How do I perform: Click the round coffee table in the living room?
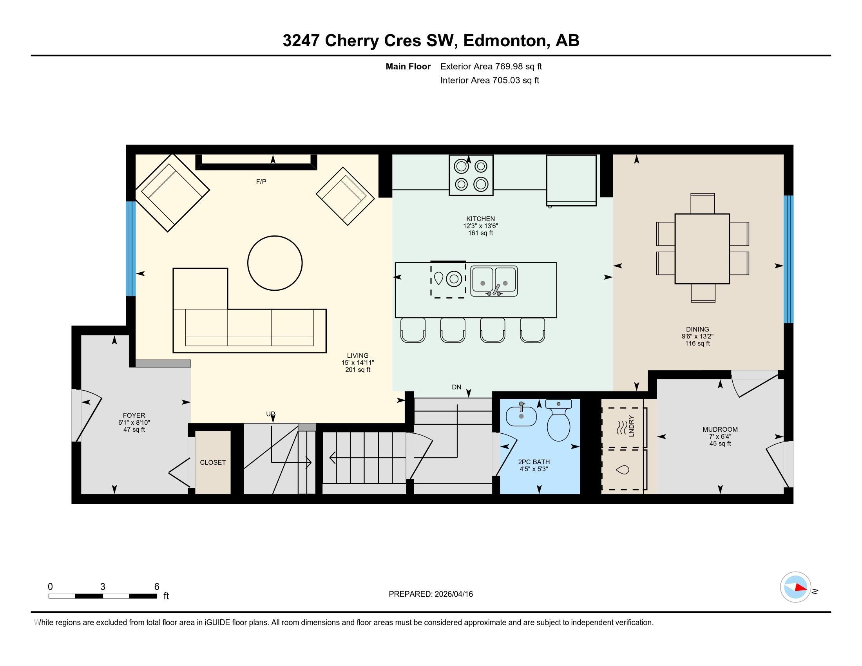point(275,263)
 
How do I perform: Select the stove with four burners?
point(471,175)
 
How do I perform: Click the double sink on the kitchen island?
point(494,281)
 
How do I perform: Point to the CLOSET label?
point(213,462)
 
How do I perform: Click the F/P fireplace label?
point(261,181)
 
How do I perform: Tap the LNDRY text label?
point(631,426)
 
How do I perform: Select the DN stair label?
point(456,387)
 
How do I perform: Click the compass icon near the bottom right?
point(795,587)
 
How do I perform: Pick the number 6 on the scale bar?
point(157,586)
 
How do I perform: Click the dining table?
point(702,248)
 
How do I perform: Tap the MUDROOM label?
point(720,429)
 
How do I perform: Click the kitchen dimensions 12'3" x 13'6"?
point(480,226)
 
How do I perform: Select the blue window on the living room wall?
point(130,248)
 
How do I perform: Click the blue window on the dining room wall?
point(788,259)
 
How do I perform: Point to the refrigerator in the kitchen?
point(571,180)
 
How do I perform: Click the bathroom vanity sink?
point(521,416)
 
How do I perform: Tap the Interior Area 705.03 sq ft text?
point(489,80)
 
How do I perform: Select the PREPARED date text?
point(431,594)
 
